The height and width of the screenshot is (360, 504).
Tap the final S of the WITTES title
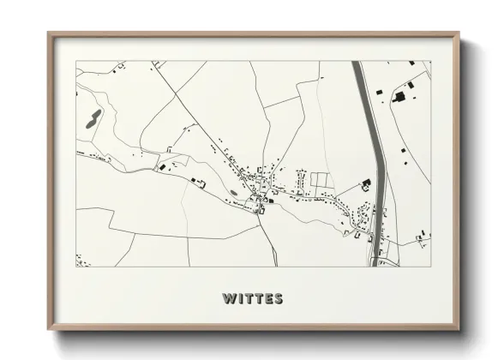click(278, 299)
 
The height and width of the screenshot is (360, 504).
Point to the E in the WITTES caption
click(267, 299)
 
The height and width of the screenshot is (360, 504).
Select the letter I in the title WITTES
click(239, 299)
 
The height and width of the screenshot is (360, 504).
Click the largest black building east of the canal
click(400, 97)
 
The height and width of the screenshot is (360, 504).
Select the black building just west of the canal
click(366, 183)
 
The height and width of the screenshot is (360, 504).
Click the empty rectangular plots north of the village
click(319, 180)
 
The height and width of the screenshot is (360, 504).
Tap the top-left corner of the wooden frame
click(50, 34)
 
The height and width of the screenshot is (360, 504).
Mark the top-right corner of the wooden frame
click(458, 34)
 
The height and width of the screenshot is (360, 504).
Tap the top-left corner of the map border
click(76, 61)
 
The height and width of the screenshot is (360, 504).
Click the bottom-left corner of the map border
click(76, 267)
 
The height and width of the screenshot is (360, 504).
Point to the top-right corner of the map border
click(431, 61)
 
